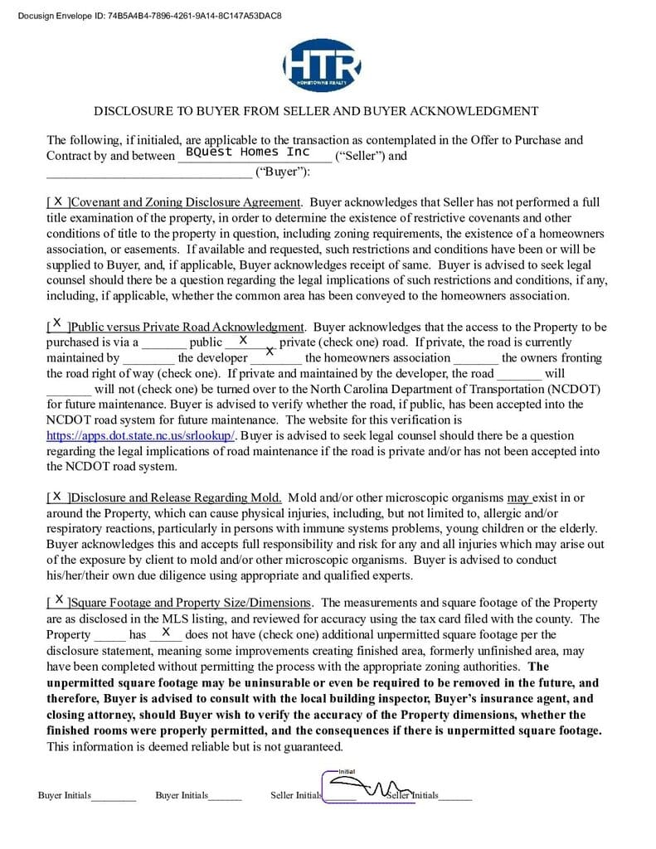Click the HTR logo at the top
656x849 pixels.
point(322,64)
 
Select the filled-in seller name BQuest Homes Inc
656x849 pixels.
point(247,153)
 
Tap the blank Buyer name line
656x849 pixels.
point(148,172)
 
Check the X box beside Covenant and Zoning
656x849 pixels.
point(58,201)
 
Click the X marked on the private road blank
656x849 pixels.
point(243,341)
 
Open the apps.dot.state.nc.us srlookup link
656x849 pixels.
point(142,435)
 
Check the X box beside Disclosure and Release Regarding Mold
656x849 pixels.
point(57,497)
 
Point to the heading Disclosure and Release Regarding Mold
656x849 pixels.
point(177,498)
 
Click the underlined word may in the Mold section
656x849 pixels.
point(519,498)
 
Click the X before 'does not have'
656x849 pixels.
point(166,633)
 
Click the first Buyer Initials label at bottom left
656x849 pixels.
point(65,796)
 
